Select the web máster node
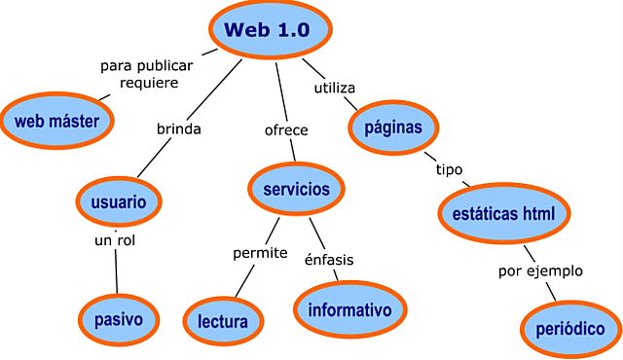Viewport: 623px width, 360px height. pyautogui.click(x=57, y=121)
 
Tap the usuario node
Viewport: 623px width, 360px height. pyautogui.click(x=119, y=202)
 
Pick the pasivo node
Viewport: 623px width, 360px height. pyautogui.click(x=119, y=318)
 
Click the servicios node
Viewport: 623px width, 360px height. pyautogui.click(x=296, y=189)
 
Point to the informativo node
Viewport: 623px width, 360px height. pyautogui.click(x=348, y=309)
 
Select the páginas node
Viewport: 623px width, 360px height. pyautogui.click(x=393, y=127)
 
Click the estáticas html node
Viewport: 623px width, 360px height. pyautogui.click(x=502, y=212)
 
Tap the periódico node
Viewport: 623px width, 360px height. pyautogui.click(x=570, y=328)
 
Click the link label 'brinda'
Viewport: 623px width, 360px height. pyautogui.click(x=179, y=128)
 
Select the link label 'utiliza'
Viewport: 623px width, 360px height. pyautogui.click(x=334, y=89)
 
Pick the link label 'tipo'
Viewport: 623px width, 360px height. pyautogui.click(x=449, y=169)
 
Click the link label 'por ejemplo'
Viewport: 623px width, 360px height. pyautogui.click(x=539, y=270)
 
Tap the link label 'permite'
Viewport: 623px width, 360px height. pyautogui.click(x=260, y=253)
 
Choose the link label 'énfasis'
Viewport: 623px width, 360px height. pyautogui.click(x=329, y=260)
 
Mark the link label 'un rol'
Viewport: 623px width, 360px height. pyautogui.click(x=114, y=240)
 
